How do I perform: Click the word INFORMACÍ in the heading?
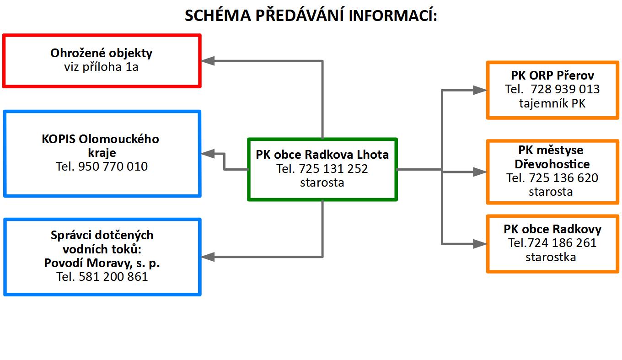(392, 15)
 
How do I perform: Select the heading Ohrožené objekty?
(102, 53)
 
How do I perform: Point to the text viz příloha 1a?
(102, 67)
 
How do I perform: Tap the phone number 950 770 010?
(113, 167)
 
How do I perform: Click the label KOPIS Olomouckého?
(100, 139)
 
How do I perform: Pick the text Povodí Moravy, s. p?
(102, 263)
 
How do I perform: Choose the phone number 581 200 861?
(113, 277)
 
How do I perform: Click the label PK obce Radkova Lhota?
(322, 155)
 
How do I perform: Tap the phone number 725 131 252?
(333, 169)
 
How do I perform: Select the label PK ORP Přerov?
(552, 75)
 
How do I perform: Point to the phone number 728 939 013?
(565, 89)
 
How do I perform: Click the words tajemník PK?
(552, 104)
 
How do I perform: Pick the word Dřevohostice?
(552, 164)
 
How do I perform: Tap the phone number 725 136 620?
(563, 178)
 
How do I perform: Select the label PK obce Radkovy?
(552, 229)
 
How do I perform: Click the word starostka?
(551, 257)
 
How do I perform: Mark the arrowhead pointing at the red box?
(208, 61)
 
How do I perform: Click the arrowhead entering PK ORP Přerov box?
(480, 90)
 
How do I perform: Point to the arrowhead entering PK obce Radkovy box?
(480, 244)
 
